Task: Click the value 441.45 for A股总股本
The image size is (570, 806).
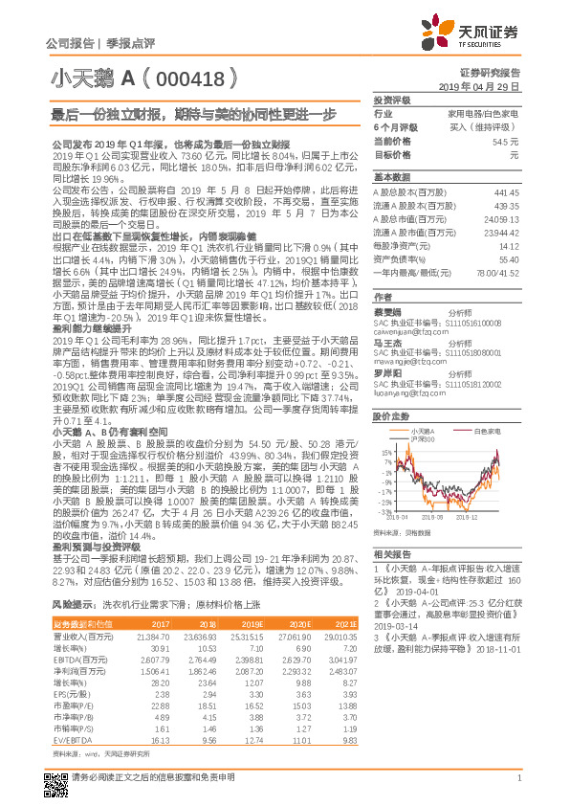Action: coord(504,192)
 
